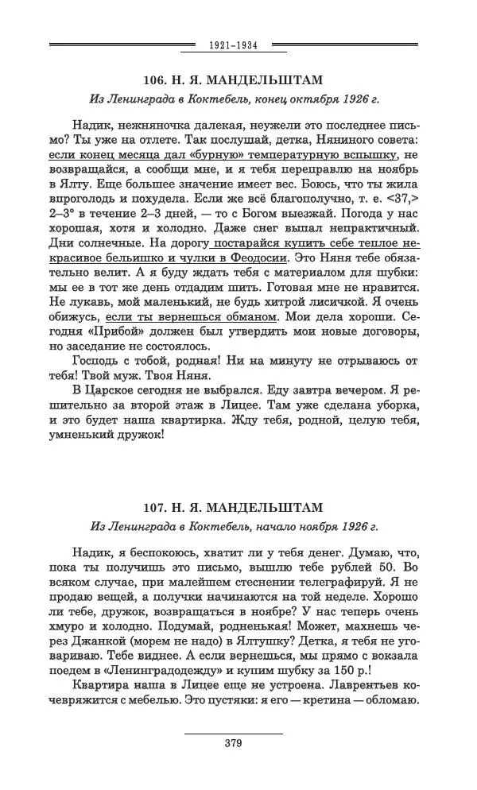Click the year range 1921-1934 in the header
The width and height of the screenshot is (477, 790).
233,45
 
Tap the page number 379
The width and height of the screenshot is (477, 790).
233,744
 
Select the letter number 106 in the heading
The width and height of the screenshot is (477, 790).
157,80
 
